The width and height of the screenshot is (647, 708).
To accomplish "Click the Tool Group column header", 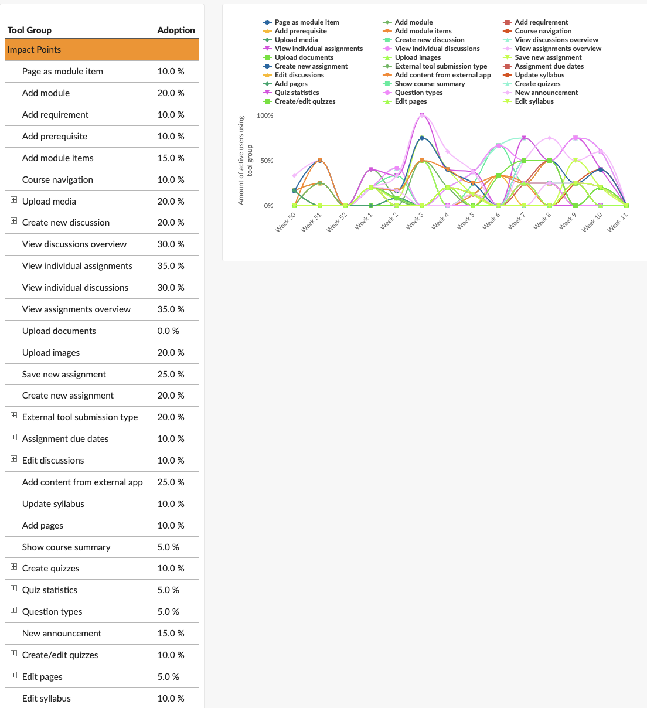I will pos(29,30).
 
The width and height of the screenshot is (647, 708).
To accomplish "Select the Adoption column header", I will pos(176,30).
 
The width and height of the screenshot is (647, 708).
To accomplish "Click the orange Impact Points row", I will pos(102,50).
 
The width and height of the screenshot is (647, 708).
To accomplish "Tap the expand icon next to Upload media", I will pos(13,200).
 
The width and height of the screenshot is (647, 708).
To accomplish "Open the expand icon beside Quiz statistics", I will pos(13,588).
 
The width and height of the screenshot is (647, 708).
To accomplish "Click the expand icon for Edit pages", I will pos(13,675).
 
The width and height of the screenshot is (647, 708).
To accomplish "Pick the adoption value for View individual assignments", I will pos(171,266).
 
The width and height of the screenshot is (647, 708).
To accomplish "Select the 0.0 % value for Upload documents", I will pos(168,331).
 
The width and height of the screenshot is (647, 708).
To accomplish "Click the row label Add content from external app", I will pos(82,482).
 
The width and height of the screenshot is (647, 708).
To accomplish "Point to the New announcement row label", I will pos(62,634).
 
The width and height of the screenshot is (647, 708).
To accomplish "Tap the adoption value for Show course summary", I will pos(168,547).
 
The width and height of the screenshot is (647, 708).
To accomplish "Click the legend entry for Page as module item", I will pos(307,22).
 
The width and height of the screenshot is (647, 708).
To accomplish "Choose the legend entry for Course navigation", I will pos(543,31).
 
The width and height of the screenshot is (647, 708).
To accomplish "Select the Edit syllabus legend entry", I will pos(534,101).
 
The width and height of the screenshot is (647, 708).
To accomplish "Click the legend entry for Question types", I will pos(418,93).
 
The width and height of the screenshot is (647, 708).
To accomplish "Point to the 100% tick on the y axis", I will pos(265,115).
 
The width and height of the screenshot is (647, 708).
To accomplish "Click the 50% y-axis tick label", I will pos(267,161).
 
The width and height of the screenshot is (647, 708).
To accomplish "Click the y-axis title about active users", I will pos(245,160).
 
